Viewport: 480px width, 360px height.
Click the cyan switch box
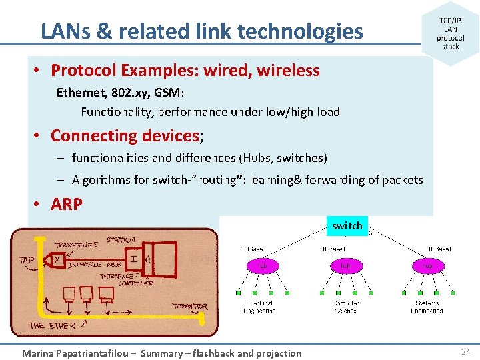click(347, 225)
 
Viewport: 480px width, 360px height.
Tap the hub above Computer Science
click(345, 265)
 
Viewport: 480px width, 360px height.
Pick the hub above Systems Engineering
click(427, 265)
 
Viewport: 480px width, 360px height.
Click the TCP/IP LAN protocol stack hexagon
click(451, 33)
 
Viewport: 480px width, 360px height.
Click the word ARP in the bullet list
click(66, 204)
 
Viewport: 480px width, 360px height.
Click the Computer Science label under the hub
click(345, 307)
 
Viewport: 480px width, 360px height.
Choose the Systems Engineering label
click(427, 307)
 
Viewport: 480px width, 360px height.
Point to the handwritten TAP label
click(27, 259)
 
